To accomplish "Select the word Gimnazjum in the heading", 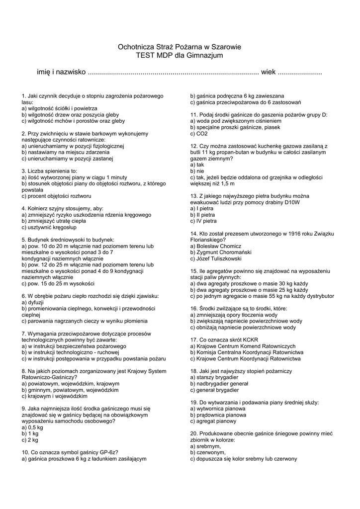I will click(x=206, y=55).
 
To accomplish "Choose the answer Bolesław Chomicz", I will click(x=216, y=246).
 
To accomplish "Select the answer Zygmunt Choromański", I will click(x=219, y=252).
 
